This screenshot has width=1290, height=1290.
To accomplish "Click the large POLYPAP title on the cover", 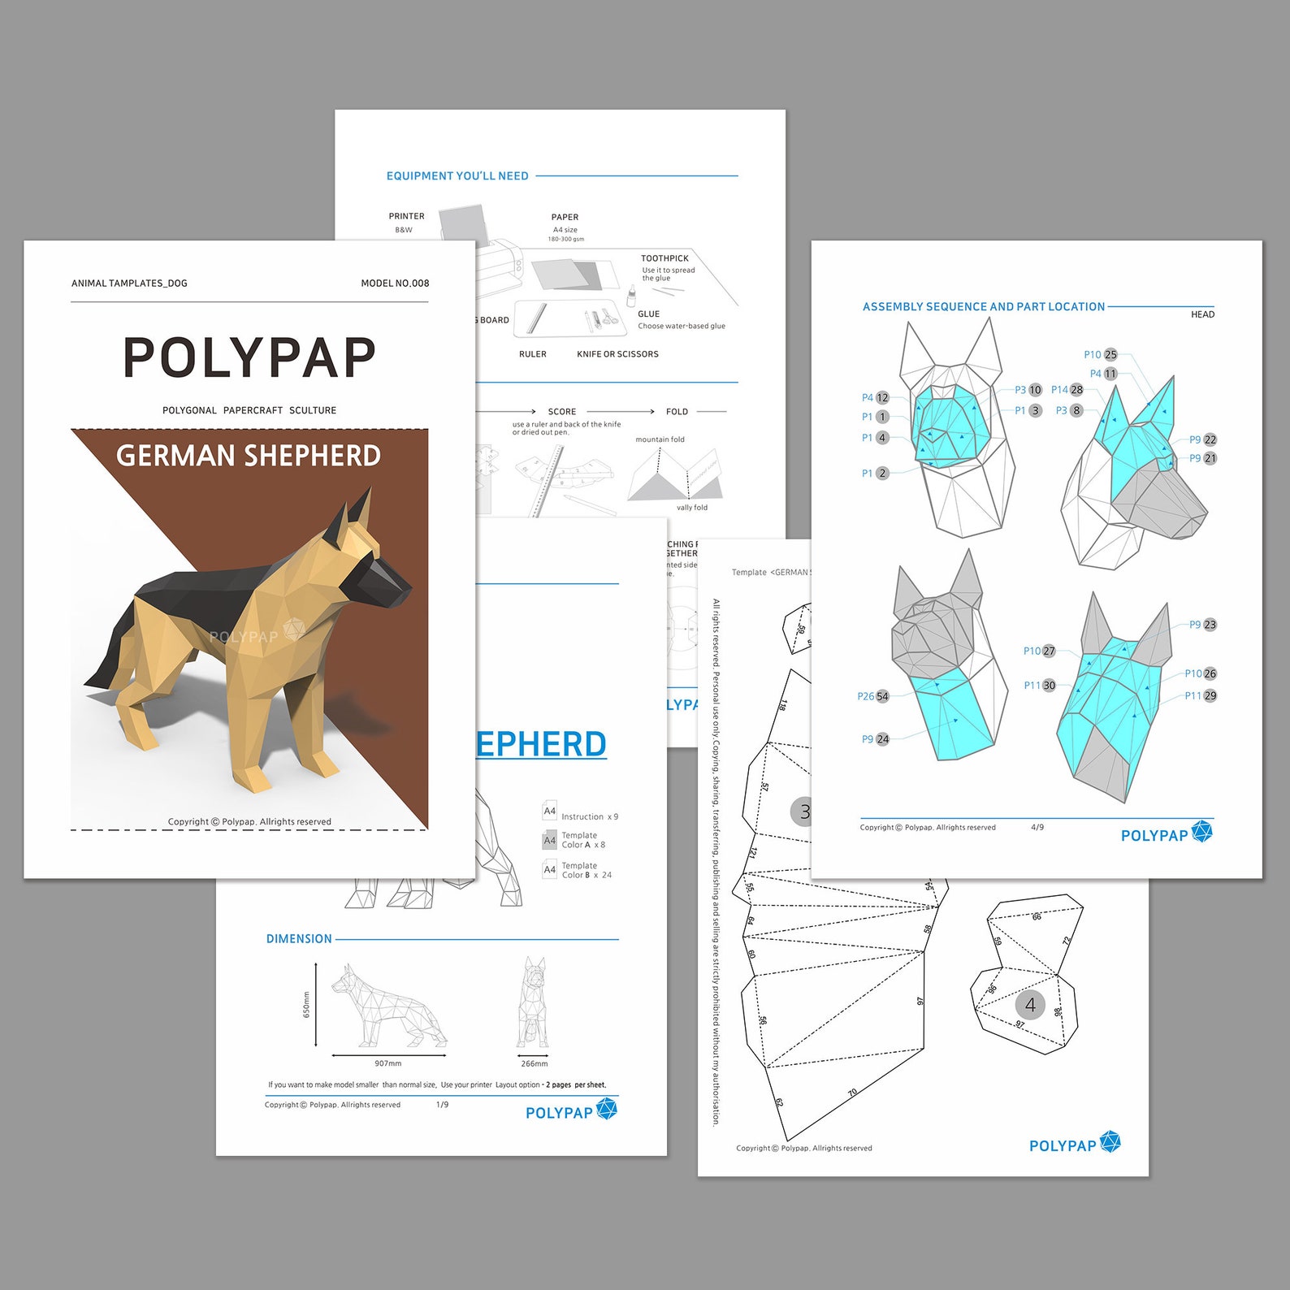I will click(249, 357).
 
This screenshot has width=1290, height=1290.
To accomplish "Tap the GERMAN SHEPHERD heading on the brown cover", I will click(249, 456).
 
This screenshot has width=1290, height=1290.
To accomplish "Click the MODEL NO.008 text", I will click(395, 284).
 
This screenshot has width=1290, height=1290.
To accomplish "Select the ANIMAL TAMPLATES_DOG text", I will click(129, 284).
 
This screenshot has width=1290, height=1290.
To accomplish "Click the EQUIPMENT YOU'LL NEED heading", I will click(457, 176).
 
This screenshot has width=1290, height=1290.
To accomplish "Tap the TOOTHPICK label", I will click(664, 258).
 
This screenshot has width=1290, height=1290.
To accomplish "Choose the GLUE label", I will click(648, 314).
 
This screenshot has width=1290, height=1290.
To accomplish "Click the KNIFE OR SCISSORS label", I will click(617, 354).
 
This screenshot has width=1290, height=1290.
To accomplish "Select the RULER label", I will click(533, 354).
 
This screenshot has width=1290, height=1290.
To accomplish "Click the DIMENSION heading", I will click(299, 939).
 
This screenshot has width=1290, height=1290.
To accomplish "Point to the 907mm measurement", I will click(388, 1063).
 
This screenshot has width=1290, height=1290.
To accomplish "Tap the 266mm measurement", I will click(534, 1063).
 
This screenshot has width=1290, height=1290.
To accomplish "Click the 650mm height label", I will click(306, 1005).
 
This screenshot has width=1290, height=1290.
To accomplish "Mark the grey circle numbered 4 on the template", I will click(1030, 1006).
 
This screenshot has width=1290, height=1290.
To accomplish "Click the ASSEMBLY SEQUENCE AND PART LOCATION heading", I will click(984, 307).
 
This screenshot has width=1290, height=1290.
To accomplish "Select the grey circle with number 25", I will click(1110, 355).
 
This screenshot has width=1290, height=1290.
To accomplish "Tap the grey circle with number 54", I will click(882, 697).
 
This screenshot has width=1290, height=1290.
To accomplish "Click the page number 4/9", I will click(1037, 828).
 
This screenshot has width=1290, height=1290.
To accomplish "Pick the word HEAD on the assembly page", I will click(1202, 315).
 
